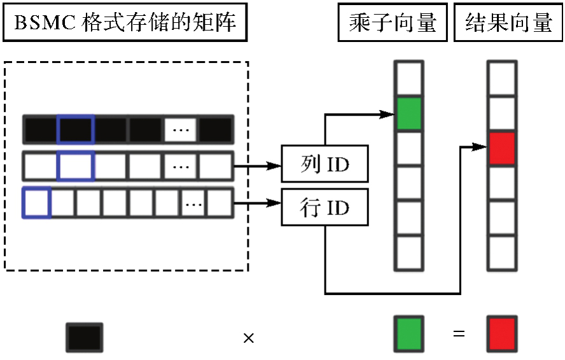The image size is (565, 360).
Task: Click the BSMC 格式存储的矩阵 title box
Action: (125, 24)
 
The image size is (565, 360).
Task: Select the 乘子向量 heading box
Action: (393, 24)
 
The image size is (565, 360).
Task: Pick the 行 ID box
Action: (324, 207)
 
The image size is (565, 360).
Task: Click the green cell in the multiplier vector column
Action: (408, 114)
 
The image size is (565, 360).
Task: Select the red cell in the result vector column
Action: (502, 149)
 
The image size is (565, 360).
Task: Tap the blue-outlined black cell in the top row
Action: (76, 130)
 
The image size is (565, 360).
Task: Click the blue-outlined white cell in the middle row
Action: (76, 167)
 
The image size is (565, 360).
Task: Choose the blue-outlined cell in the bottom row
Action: (37, 204)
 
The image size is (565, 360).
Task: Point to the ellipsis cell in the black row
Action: (181, 130)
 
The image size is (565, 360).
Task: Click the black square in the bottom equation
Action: (84, 336)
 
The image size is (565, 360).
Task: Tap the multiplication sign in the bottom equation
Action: (249, 338)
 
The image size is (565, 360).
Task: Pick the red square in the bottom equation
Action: (502, 333)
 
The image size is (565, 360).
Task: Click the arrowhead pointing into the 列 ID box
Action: (275, 166)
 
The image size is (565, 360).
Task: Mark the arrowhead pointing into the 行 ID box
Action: (275, 204)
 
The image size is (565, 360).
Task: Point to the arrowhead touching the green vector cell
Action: (387, 114)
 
